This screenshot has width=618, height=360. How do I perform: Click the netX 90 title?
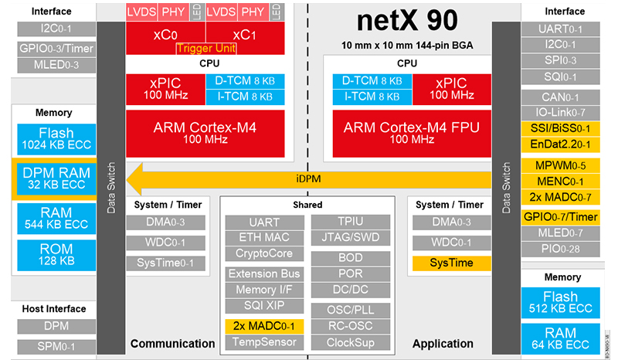click(413, 22)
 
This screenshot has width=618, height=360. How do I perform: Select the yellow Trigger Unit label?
click(206, 49)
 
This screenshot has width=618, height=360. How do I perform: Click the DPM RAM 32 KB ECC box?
click(56, 179)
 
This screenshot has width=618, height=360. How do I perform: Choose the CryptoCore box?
click(264, 253)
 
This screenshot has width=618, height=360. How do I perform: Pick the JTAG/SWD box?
click(345, 237)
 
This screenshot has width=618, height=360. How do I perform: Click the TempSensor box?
click(264, 341)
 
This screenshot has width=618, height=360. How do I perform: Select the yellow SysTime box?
click(451, 263)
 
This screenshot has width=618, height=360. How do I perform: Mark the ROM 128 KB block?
click(56, 255)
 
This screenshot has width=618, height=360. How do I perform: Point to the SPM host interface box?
click(56, 345)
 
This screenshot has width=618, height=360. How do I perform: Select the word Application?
click(443, 344)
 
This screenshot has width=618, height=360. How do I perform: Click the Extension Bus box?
click(264, 274)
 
